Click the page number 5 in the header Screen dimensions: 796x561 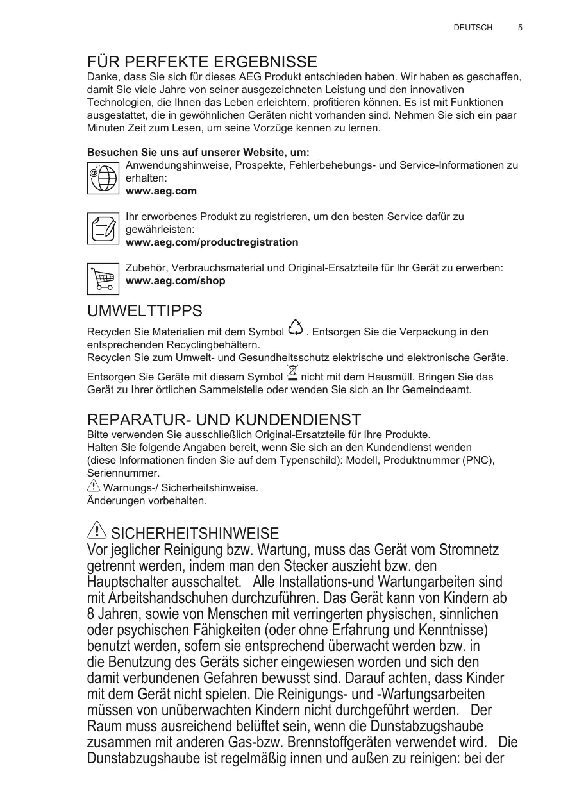pyautogui.click(x=520, y=28)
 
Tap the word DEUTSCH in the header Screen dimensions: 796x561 pyautogui.click(x=473, y=28)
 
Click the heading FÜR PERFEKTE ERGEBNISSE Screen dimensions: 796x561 pyautogui.click(x=202, y=62)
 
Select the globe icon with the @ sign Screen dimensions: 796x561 pyautogui.click(x=103, y=178)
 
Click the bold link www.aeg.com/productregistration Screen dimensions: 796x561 pyautogui.click(x=212, y=242)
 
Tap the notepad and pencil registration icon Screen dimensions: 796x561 pyautogui.click(x=103, y=228)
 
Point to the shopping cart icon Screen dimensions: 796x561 pyautogui.click(x=103, y=278)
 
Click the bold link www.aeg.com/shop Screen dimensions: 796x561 pyautogui.click(x=175, y=281)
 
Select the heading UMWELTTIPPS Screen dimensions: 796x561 pyautogui.click(x=144, y=311)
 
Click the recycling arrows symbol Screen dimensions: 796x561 pyautogui.click(x=296, y=327)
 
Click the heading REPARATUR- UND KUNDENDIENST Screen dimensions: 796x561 pyautogui.click(x=224, y=420)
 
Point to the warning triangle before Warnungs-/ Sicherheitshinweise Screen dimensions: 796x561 pyautogui.click(x=93, y=487)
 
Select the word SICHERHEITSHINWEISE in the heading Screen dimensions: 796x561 pyautogui.click(x=195, y=533)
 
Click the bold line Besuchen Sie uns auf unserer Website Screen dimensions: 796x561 pyautogui.click(x=198, y=153)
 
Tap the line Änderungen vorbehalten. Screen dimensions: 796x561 pyautogui.click(x=147, y=500)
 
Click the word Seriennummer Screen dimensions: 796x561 pyautogui.click(x=122, y=473)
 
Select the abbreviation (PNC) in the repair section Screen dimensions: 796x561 pyautogui.click(x=476, y=460)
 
